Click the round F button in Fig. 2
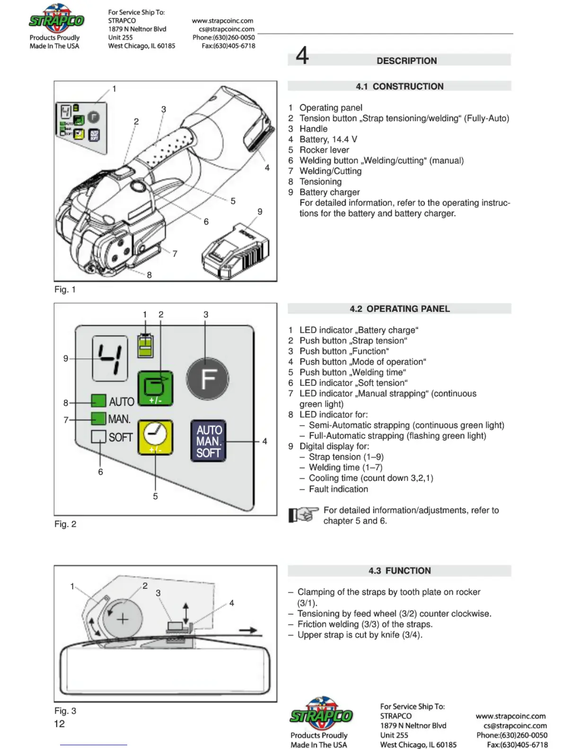coord(207,379)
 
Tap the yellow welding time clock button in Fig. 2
coord(155,437)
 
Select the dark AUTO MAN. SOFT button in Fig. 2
coord(208,441)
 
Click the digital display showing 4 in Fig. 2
coord(110,358)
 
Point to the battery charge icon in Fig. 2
coord(145,345)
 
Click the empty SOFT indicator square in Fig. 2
coord(98,436)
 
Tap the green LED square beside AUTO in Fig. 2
coord(98,401)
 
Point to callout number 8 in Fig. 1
coord(149,275)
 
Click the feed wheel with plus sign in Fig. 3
coord(123,618)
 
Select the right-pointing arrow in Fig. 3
coord(247,630)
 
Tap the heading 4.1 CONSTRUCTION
coord(400,86)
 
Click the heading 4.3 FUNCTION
coord(400,571)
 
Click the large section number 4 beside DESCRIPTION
coord(302,56)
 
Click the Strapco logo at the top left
coord(56,20)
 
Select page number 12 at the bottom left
coord(60,723)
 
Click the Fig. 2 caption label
coord(65,524)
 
